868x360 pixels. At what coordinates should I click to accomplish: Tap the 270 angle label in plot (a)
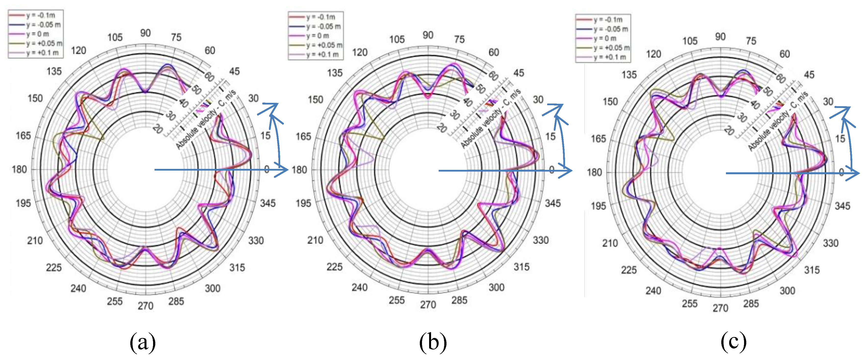[x=145, y=306]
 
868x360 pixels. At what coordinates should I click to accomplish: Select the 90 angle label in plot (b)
[x=428, y=35]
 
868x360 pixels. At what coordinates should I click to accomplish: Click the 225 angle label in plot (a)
[x=54, y=268]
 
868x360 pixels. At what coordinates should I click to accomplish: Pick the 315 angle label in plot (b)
[x=521, y=267]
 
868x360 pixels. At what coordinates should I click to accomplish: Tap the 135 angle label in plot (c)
[x=629, y=75]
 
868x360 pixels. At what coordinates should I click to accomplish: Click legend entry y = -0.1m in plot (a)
[x=40, y=15]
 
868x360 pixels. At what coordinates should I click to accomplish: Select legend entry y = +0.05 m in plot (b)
[x=324, y=45]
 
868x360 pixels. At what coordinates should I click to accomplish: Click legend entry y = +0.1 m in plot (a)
[x=42, y=53]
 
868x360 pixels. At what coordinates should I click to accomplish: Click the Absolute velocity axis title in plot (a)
[x=205, y=119]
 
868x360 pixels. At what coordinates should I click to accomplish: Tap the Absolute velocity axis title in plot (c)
[x=778, y=121]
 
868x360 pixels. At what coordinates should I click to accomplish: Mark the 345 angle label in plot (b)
[x=553, y=203]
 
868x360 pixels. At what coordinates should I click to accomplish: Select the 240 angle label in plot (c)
[x=653, y=291]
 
